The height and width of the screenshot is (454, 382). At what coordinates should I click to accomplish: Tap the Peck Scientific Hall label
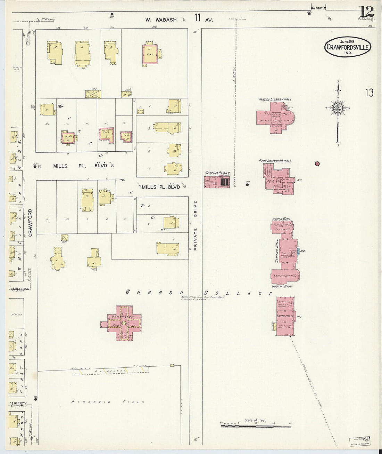(275, 161)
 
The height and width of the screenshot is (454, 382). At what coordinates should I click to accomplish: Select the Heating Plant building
(217, 182)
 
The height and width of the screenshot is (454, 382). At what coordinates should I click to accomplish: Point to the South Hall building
(285, 316)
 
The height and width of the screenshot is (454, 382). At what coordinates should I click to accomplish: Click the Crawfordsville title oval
(348, 47)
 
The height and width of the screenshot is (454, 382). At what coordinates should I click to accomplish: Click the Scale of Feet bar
(256, 426)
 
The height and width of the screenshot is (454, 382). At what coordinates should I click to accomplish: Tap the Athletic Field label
(108, 402)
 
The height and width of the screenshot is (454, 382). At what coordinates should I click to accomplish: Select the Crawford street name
(30, 223)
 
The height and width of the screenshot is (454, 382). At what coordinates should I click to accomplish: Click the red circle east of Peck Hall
(317, 164)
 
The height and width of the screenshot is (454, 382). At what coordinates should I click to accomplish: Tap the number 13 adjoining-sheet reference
(369, 93)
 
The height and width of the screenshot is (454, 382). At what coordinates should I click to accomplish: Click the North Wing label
(281, 219)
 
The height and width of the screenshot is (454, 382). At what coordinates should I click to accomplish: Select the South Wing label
(282, 286)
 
